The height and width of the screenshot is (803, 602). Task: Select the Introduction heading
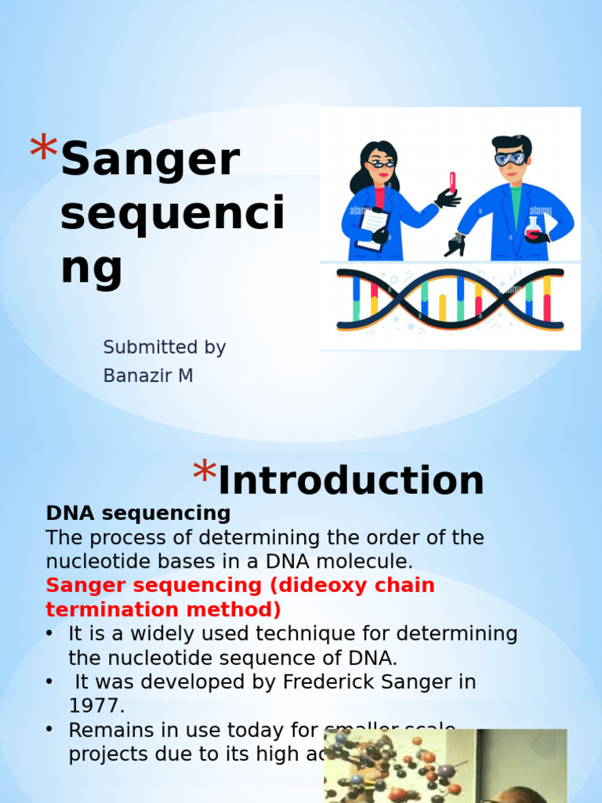click(x=350, y=480)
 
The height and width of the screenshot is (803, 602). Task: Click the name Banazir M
click(x=148, y=376)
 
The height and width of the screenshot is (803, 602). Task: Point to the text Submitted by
click(x=165, y=347)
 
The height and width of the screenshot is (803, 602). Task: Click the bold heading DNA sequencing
click(x=138, y=514)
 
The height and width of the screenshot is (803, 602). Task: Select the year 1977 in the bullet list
click(x=96, y=706)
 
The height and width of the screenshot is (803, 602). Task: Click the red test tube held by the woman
click(x=452, y=181)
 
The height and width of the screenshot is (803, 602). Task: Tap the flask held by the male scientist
click(x=533, y=228)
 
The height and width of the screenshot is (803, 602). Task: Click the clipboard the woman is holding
click(x=372, y=227)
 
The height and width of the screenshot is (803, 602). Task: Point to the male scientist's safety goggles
click(x=510, y=158)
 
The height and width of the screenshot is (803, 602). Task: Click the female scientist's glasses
click(x=380, y=164)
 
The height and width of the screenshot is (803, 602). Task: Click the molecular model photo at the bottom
click(x=444, y=766)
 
